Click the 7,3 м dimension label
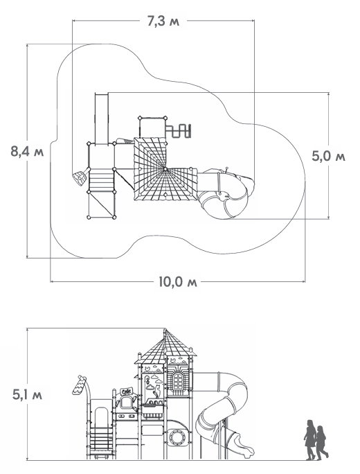coord(163,21)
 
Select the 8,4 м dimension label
coord(27,151)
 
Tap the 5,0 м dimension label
coord(329,156)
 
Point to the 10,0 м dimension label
coord(178,282)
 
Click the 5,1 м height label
coord(27,394)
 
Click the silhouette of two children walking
coord(316,440)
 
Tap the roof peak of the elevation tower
coord(165,329)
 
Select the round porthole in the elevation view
coord(176,437)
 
